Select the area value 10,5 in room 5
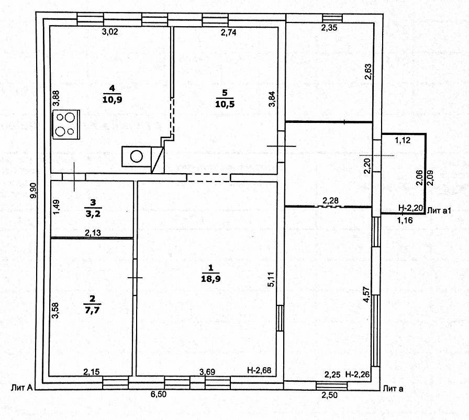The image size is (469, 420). pos(224,103)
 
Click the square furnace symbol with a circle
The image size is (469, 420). pos(136,156)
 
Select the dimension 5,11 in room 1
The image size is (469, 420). pos(271,277)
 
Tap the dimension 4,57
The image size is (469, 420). pos(368,294)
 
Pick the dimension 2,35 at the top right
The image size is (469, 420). pos(329,28)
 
